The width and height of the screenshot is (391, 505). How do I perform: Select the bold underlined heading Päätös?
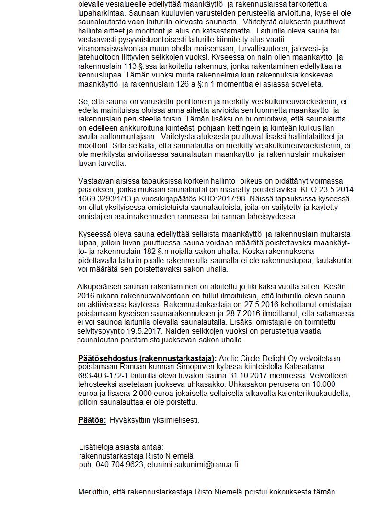coord(92,420)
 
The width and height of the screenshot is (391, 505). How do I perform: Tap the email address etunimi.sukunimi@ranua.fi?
coord(193,464)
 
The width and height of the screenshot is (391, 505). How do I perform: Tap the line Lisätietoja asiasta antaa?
coord(121,447)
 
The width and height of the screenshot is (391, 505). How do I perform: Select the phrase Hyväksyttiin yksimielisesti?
coord(154,420)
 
